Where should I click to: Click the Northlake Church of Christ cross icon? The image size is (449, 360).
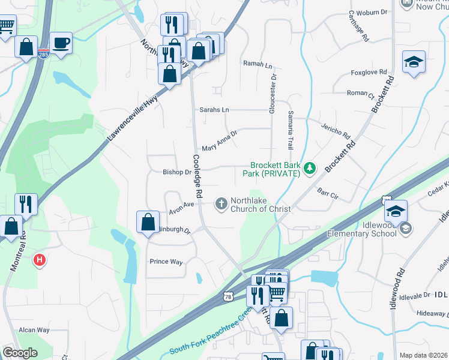[x=221, y=205]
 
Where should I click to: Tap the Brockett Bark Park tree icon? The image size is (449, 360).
[x=310, y=169]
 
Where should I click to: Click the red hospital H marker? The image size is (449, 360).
[x=40, y=260]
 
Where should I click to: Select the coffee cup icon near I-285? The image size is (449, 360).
[x=61, y=43]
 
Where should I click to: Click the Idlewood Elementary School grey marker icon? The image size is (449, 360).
[x=406, y=227]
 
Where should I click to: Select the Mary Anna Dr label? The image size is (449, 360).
[x=220, y=143]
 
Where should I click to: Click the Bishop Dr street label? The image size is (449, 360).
[x=176, y=172]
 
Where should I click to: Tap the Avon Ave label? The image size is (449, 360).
[x=181, y=205]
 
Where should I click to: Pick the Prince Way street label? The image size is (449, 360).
[x=166, y=262]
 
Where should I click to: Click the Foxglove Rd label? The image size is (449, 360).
[x=367, y=73]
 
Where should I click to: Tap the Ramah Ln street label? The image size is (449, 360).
[x=258, y=63]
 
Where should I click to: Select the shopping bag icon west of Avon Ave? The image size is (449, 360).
[x=148, y=222]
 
